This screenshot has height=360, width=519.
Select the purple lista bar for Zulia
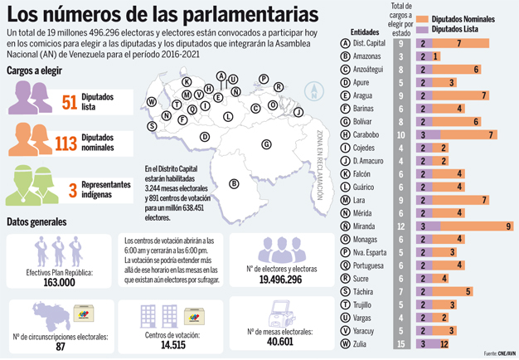tap(424, 343)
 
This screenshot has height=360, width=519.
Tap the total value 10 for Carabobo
tap(401, 134)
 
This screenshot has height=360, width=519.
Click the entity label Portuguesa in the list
tap(367, 265)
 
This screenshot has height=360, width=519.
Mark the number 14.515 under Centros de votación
tap(172, 344)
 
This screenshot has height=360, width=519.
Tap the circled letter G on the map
tap(267, 144)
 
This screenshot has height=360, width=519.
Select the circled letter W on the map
tap(153, 102)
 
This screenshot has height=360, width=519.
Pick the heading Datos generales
tap(36, 222)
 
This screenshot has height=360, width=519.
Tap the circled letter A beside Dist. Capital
tap(345, 42)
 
